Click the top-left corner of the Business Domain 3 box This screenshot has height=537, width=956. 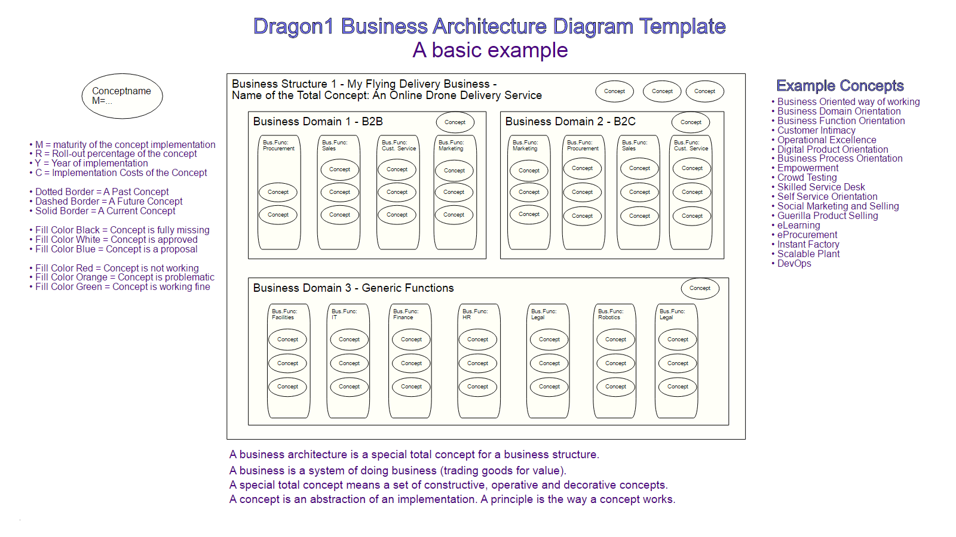tap(249, 278)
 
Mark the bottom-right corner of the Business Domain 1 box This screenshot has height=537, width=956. tap(486, 259)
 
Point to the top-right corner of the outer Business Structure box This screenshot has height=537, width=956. tap(746, 74)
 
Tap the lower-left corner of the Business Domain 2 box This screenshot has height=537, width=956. tap(501, 259)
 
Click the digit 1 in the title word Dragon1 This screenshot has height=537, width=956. tap(328, 26)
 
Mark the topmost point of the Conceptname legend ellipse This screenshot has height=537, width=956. tap(122, 73)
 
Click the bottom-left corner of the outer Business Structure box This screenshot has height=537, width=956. tap(227, 439)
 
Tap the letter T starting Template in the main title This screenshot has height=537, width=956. tap(645, 26)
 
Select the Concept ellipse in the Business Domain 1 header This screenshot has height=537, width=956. tap(455, 122)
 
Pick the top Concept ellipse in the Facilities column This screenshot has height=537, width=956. tap(287, 340)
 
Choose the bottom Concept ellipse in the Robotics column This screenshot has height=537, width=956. tap(615, 387)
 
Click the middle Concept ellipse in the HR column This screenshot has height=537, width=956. tap(477, 363)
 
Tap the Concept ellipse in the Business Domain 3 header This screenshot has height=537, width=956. tap(700, 288)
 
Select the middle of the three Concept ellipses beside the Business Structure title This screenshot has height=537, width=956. tap(662, 91)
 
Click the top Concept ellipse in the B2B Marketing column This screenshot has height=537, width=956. tap(454, 171)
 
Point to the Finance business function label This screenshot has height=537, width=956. tap(406, 314)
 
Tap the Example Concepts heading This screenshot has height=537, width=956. tap(840, 86)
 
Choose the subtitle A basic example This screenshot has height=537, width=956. tap(490, 50)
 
